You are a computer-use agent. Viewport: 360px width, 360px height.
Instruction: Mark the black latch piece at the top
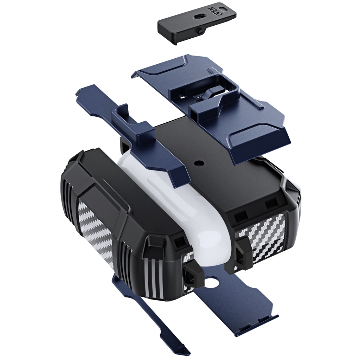click(x=195, y=23)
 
